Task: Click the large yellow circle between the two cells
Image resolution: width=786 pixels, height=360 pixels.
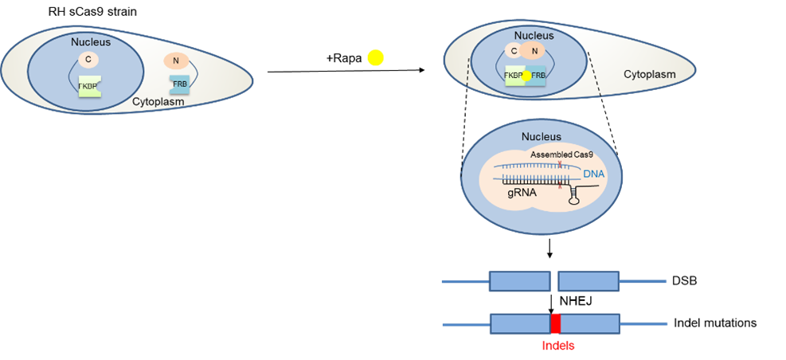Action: (x=375, y=58)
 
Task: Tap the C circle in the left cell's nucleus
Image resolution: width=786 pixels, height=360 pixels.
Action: (x=88, y=59)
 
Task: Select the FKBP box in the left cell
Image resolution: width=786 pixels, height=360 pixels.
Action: (x=90, y=85)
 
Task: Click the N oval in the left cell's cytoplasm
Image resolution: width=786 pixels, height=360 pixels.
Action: (x=174, y=61)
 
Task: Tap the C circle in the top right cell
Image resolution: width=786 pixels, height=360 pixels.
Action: (x=514, y=52)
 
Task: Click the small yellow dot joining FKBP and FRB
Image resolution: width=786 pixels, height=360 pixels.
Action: (x=526, y=75)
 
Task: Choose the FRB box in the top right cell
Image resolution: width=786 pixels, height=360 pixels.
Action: (x=539, y=76)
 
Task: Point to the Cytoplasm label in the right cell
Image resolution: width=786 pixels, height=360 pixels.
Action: (x=649, y=75)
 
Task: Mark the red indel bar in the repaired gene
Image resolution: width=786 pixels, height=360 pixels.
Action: (x=556, y=323)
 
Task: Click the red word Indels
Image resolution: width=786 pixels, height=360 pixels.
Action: (x=557, y=346)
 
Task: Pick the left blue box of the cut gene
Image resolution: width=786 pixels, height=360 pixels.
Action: (x=519, y=281)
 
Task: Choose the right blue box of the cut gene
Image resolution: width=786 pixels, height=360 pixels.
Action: (x=589, y=281)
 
